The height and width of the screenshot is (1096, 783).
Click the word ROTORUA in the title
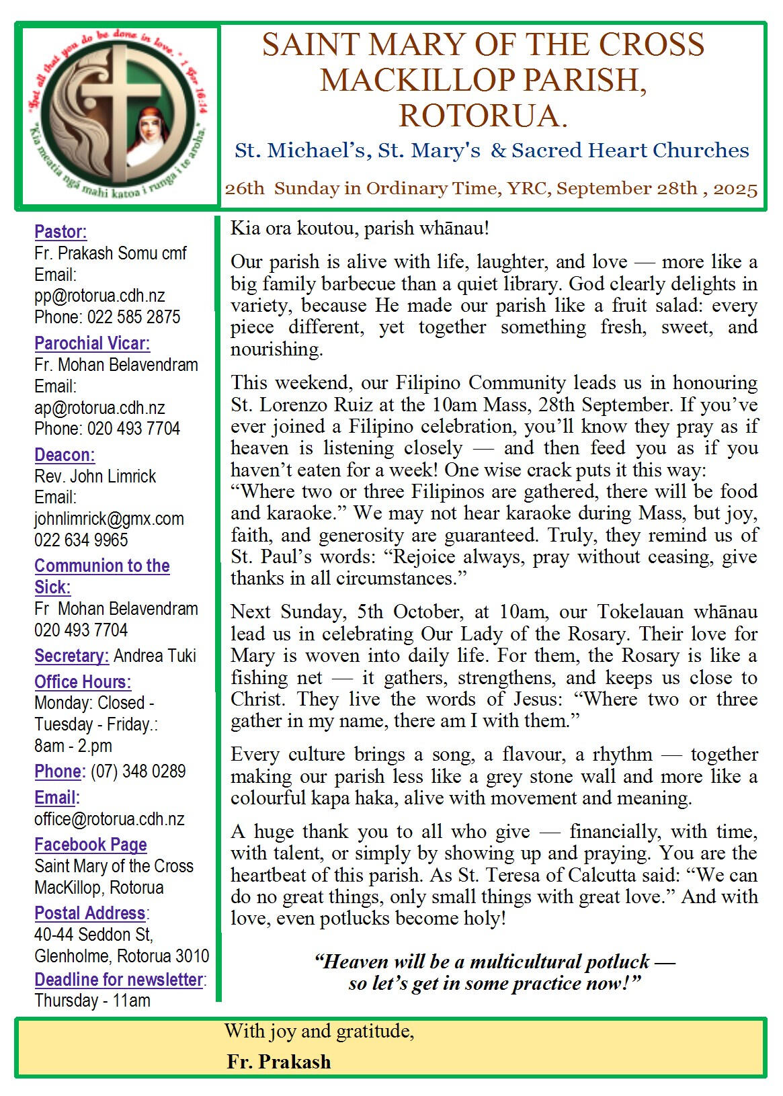pyautogui.click(x=483, y=115)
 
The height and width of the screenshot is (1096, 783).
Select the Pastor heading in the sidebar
pyautogui.click(x=60, y=232)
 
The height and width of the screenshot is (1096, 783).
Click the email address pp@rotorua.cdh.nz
pyautogui.click(x=99, y=296)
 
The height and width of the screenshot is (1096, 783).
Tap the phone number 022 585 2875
pyautogui.click(x=132, y=317)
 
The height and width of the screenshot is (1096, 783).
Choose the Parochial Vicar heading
pyautogui.click(x=92, y=343)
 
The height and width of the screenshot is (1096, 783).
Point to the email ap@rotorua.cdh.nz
pyautogui.click(x=99, y=408)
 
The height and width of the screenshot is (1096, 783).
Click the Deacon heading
pyautogui.click(x=65, y=455)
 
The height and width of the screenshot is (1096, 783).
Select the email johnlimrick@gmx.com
pyautogui.click(x=109, y=519)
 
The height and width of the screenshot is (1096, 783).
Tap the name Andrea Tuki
pyautogui.click(x=155, y=656)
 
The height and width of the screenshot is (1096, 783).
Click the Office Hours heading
pyautogui.click(x=83, y=682)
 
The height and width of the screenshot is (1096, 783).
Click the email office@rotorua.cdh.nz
pyautogui.click(x=110, y=819)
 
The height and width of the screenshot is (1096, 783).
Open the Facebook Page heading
pyautogui.click(x=91, y=845)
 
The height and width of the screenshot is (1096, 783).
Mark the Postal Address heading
pyautogui.click(x=90, y=913)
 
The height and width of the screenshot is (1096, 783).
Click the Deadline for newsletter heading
pyautogui.click(x=118, y=980)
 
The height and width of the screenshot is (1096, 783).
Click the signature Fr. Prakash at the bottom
pyautogui.click(x=279, y=1062)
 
